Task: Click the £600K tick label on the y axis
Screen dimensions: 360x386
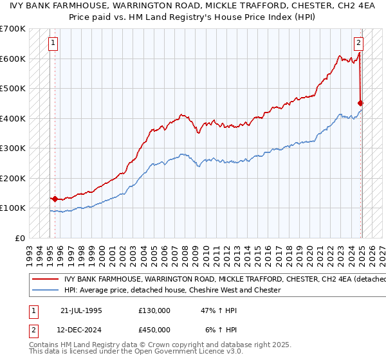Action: (12, 59)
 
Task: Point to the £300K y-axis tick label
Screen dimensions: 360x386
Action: (12, 148)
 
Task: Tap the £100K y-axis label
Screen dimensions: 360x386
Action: (12, 208)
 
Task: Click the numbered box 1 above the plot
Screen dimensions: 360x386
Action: (52, 44)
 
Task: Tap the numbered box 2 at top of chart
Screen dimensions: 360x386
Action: (358, 44)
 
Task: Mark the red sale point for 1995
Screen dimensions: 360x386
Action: (55, 199)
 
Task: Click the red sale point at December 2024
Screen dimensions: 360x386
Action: (361, 103)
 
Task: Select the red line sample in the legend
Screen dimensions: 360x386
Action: (46, 279)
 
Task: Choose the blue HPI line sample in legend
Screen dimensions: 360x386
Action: (46, 290)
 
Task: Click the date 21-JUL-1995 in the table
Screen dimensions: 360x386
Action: (80, 310)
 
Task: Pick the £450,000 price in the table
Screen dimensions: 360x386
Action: (154, 329)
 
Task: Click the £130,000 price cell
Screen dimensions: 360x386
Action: (154, 310)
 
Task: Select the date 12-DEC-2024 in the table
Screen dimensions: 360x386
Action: (81, 329)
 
